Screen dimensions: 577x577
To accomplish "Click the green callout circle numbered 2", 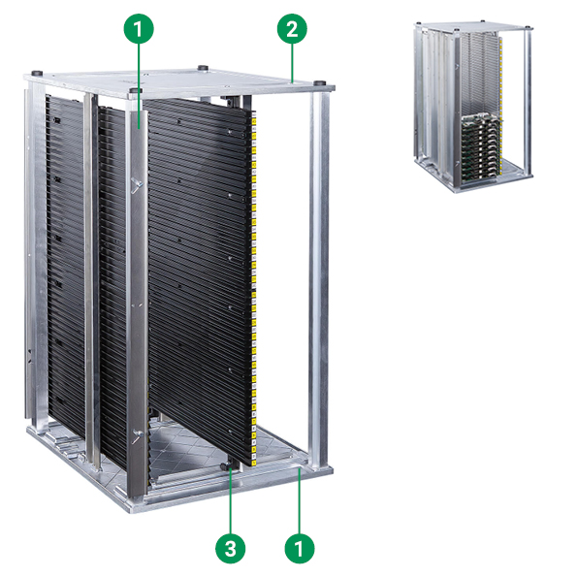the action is pos(292,29).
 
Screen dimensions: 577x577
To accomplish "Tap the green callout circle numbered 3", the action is pos(231,548).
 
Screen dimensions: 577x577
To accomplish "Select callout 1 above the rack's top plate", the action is pos(139,29).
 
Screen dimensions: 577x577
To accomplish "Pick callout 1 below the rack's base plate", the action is pos(300,548).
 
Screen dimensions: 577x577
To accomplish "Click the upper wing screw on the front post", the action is pos(137,184).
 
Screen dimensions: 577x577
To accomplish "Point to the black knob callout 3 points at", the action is pos(225,466).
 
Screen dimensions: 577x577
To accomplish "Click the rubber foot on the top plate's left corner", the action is pos(37,73).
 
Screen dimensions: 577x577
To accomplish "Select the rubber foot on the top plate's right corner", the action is pos(319,82).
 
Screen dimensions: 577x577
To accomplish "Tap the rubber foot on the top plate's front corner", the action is pos(136,90).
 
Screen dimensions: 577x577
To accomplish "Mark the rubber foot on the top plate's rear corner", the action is pos(202,68).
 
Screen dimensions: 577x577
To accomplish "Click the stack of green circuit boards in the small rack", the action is pos(481,148).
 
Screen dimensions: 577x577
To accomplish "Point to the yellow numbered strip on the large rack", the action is pos(254,287).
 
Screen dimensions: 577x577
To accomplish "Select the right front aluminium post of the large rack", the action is pos(319,279).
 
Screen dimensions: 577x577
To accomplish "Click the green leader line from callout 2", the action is pos(292,63).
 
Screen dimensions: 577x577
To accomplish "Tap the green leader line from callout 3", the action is pos(231,501).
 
